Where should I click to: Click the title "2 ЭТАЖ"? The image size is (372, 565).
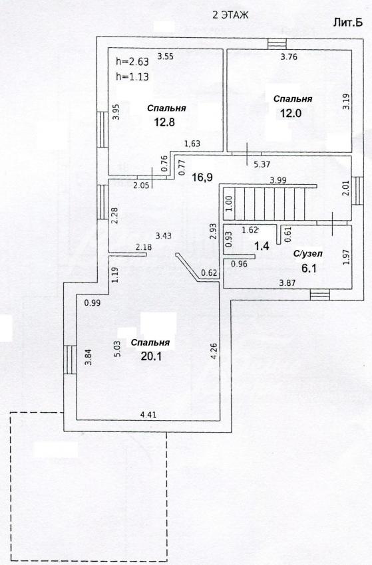pyautogui.click(x=230, y=15)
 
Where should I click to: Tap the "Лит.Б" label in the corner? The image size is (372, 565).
pyautogui.click(x=347, y=23)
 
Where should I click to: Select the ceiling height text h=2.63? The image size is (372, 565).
pyautogui.click(x=132, y=62)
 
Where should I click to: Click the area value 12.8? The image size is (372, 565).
pyautogui.click(x=164, y=122)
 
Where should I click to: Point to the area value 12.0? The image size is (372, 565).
pyautogui.click(x=291, y=113)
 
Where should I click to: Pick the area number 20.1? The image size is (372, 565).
pyautogui.click(x=151, y=356)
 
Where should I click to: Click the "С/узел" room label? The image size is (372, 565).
pyautogui.click(x=307, y=254)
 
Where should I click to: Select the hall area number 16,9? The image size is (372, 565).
pyautogui.click(x=202, y=177)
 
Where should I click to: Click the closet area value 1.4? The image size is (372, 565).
pyautogui.click(x=262, y=247)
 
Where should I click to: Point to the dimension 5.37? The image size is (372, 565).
pyautogui.click(x=262, y=164)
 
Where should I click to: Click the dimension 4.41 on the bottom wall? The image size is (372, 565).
pyautogui.click(x=148, y=415)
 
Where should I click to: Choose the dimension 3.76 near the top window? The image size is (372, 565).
pyautogui.click(x=289, y=56)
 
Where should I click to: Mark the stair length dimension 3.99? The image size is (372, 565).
pyautogui.click(x=278, y=181)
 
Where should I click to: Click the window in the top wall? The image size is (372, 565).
pyautogui.click(x=277, y=44)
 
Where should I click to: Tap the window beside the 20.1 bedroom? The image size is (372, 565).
pyautogui.click(x=70, y=360)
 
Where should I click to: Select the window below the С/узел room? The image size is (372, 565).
pyautogui.click(x=320, y=294)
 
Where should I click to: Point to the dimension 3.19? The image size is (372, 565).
pyautogui.click(x=345, y=102)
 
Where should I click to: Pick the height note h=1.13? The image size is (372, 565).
pyautogui.click(x=132, y=76)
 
